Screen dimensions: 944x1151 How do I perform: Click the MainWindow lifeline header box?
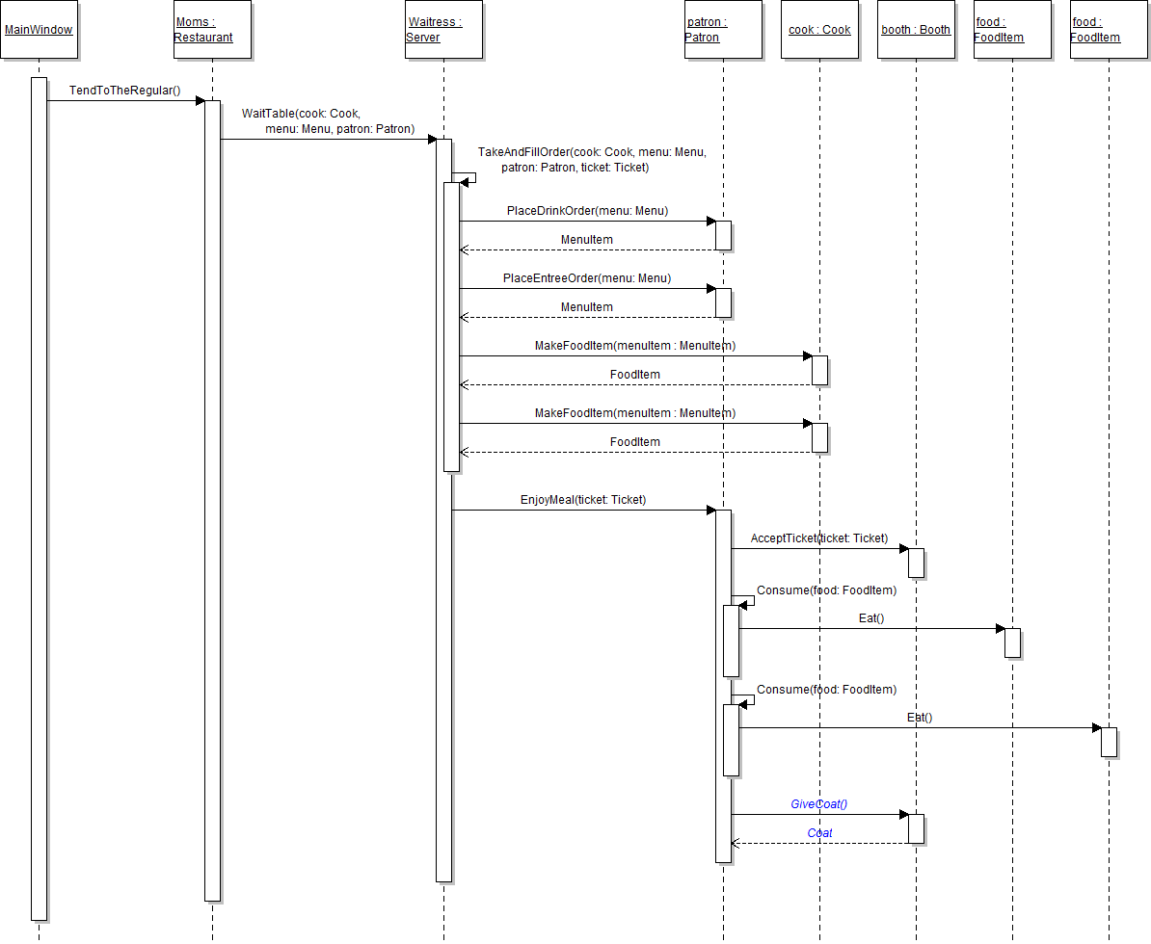[39, 30]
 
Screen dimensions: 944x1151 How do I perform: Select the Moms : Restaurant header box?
[212, 30]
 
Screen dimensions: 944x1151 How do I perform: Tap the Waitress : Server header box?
[443, 30]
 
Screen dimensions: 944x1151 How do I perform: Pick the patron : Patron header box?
[723, 30]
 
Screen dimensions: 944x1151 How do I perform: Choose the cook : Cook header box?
[819, 30]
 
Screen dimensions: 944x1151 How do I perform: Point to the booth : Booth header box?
[916, 30]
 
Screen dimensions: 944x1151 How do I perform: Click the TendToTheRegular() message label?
[124, 91]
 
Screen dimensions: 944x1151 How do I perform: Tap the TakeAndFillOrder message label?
[592, 160]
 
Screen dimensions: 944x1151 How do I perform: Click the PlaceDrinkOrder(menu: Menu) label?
[587, 211]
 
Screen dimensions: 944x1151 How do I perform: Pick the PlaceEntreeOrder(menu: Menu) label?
[587, 278]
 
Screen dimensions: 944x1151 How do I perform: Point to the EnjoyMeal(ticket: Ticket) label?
[583, 500]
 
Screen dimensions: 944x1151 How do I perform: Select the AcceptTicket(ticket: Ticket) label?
[818, 538]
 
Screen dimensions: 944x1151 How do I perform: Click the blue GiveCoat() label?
[818, 804]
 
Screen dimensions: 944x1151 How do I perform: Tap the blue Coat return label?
[819, 833]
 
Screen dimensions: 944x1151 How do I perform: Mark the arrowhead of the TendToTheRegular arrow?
[200, 100]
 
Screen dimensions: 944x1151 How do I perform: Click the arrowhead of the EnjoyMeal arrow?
[710, 511]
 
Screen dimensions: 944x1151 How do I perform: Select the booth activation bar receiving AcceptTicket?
[916, 563]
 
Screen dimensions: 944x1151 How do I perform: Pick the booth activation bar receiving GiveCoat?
[916, 828]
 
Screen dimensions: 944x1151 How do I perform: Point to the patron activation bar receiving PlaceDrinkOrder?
[723, 235]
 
